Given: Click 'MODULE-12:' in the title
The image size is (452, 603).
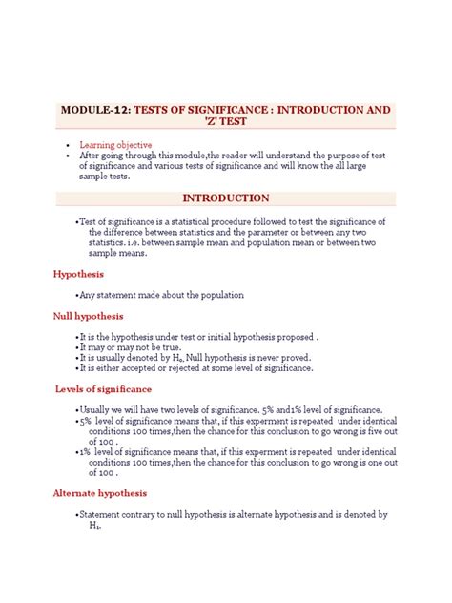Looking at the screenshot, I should pyautogui.click(x=95, y=111).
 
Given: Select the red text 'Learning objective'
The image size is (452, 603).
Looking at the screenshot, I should pyautogui.click(x=116, y=145).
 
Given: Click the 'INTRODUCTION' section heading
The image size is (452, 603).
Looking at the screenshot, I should pyautogui.click(x=226, y=198).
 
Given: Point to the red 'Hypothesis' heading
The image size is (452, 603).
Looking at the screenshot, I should pyautogui.click(x=78, y=274).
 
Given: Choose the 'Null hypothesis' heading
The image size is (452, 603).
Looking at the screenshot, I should pyautogui.click(x=88, y=316).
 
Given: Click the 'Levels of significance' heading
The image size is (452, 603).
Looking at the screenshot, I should pyautogui.click(x=102, y=389).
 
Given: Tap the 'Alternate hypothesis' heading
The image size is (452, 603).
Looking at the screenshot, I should pyautogui.click(x=100, y=493).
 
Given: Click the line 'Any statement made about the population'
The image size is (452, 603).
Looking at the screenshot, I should pyautogui.click(x=162, y=295).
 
